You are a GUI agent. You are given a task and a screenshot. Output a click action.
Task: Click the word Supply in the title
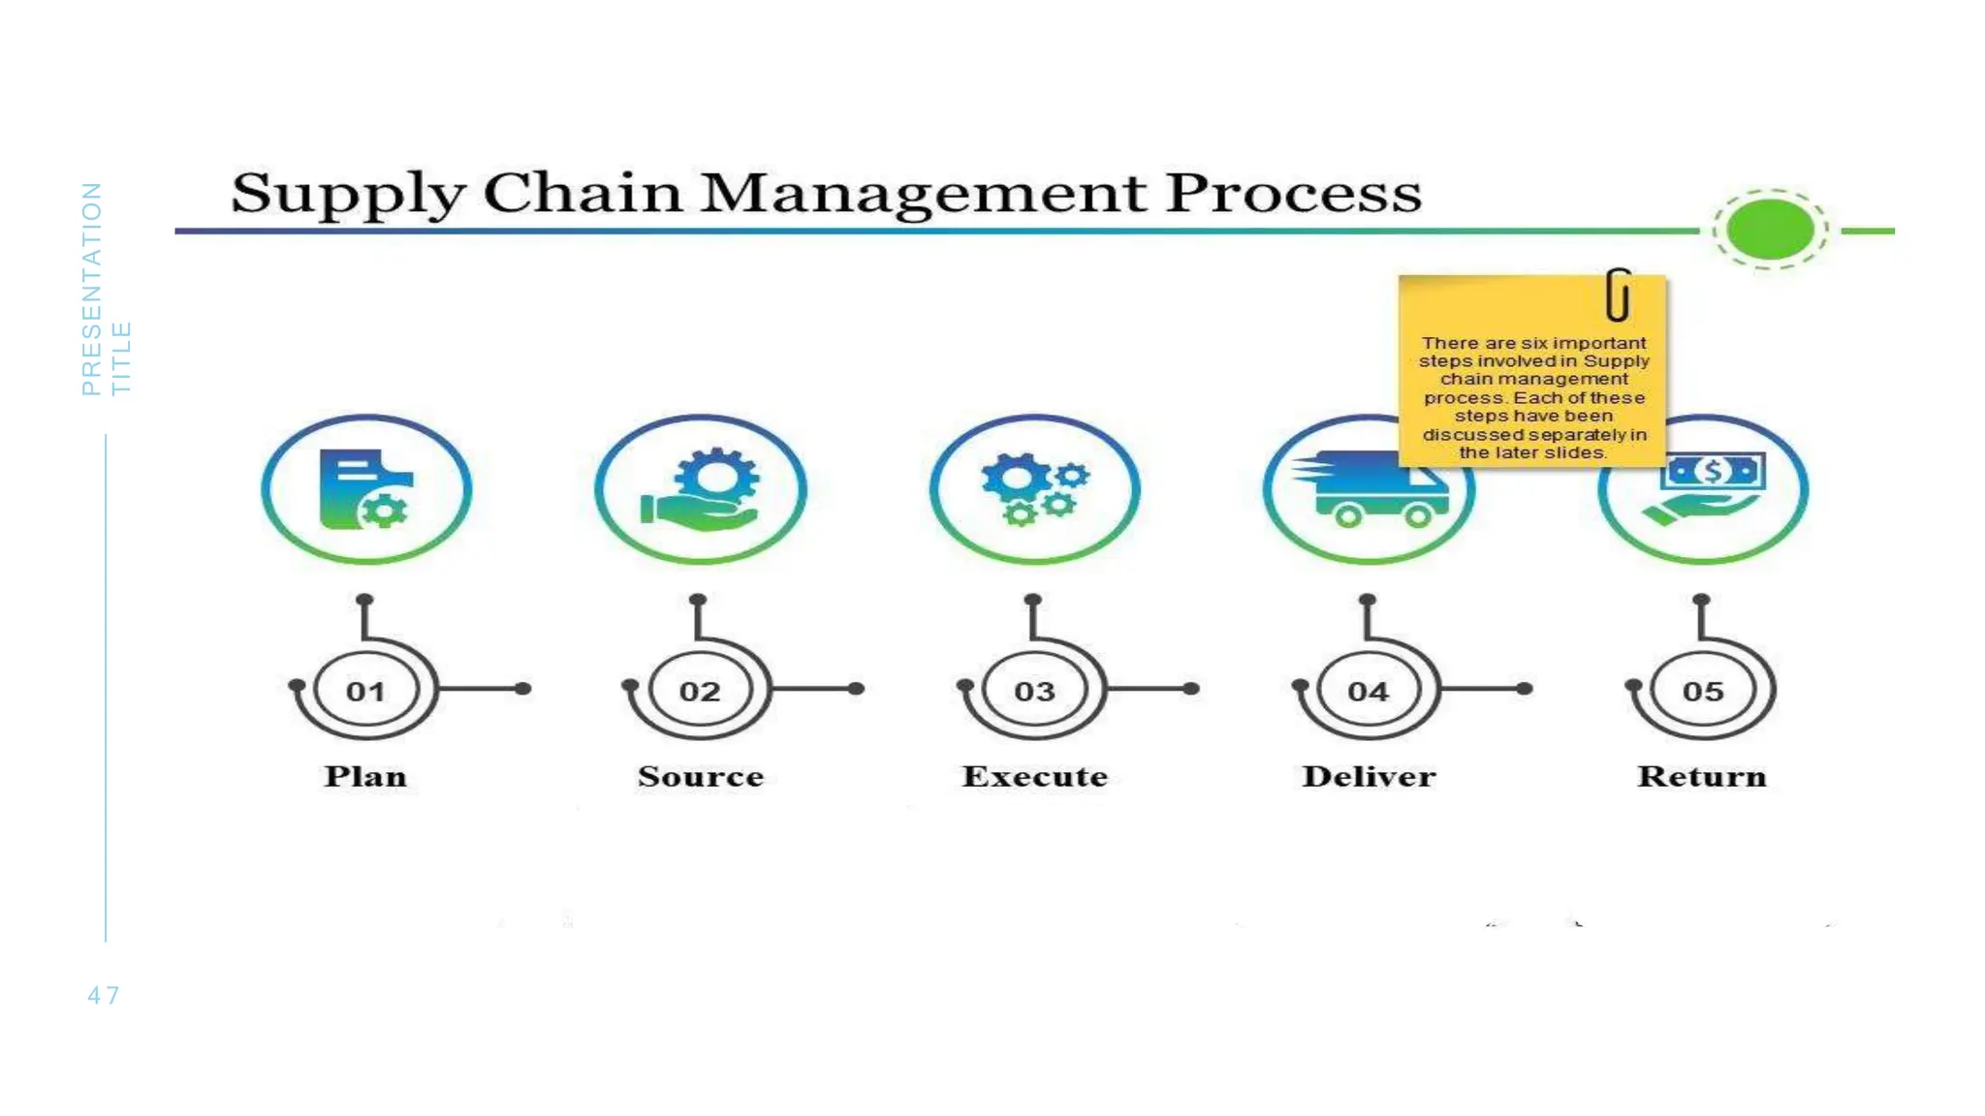point(347,193)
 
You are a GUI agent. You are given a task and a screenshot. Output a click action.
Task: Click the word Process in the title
point(1293,193)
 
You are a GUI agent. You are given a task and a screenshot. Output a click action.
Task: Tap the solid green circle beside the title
point(1770,230)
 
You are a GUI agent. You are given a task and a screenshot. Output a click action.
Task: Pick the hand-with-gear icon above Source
point(700,489)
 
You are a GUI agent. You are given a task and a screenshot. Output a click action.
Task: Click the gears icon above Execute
point(1034,489)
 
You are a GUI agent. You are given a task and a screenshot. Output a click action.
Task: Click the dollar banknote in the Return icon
point(1713,472)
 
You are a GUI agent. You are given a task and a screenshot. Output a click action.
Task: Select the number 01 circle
point(365,691)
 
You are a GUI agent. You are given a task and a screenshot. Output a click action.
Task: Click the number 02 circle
point(700,691)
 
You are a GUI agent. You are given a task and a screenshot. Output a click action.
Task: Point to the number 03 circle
point(1034,691)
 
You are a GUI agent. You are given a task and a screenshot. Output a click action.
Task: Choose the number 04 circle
point(1368,691)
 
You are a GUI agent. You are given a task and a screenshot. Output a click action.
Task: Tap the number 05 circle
point(1703,691)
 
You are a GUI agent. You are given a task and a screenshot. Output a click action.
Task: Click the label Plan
point(365,777)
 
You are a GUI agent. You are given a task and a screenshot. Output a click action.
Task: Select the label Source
point(701,777)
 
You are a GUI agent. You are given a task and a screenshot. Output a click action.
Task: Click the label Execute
point(1034,777)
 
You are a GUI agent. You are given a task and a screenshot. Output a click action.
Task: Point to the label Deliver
point(1369,777)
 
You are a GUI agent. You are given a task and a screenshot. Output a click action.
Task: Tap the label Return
point(1702,777)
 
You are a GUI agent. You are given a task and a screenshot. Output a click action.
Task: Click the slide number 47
point(104,996)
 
